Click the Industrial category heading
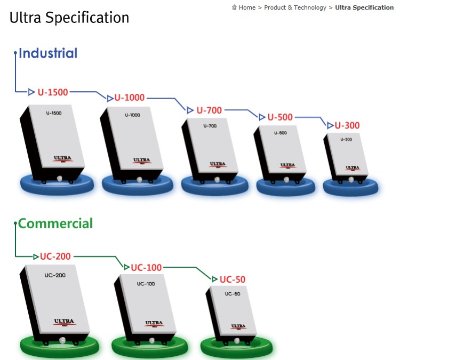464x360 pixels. click(48, 53)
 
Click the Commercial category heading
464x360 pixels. click(55, 223)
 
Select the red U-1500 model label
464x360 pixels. click(53, 92)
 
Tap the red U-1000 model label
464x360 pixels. click(129, 98)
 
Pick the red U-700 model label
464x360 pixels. click(209, 110)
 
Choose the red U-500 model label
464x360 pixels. click(280, 117)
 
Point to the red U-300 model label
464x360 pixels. click(347, 125)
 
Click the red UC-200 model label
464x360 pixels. click(55, 256)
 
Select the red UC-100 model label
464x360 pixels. click(146, 267)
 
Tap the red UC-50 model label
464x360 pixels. click(233, 279)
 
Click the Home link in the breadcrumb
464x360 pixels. click(247, 7)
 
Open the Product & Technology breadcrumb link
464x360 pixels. click(295, 7)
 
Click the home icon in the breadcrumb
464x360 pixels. click(234, 7)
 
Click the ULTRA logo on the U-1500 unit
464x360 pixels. click(63, 158)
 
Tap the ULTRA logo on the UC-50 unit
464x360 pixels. click(238, 326)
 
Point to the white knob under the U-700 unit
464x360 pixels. click(217, 180)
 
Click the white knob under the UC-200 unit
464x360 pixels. click(62, 340)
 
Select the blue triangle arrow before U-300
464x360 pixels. click(330, 125)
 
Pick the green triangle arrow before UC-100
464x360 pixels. click(126, 267)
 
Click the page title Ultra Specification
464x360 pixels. click(69, 18)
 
